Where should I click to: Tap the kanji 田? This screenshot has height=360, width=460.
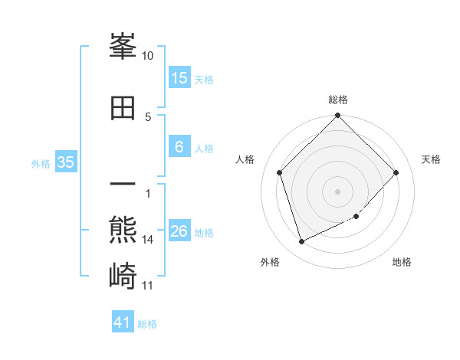(x=123, y=108)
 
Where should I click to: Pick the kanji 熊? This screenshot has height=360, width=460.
(x=123, y=228)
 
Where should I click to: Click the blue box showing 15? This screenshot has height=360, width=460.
(x=179, y=77)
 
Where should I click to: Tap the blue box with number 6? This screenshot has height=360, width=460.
(x=179, y=147)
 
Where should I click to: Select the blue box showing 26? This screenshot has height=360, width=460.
(x=179, y=232)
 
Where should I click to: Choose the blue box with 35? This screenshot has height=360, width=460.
(x=66, y=162)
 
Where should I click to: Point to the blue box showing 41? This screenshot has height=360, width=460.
(x=123, y=322)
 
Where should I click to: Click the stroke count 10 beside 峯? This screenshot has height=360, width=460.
(x=148, y=56)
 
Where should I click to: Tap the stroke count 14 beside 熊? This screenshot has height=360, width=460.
(x=148, y=240)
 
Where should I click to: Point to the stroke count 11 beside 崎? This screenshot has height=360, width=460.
(x=148, y=286)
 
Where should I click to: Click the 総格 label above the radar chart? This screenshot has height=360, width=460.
(x=338, y=100)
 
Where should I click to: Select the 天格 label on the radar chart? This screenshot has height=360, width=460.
(x=431, y=159)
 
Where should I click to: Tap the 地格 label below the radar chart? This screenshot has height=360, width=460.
(x=402, y=262)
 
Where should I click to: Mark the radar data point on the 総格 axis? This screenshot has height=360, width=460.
(x=338, y=116)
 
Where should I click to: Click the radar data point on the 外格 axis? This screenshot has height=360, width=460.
(x=301, y=242)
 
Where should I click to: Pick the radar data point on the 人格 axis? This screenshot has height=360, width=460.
(x=280, y=172)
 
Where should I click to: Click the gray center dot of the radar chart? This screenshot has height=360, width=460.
(x=338, y=191)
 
